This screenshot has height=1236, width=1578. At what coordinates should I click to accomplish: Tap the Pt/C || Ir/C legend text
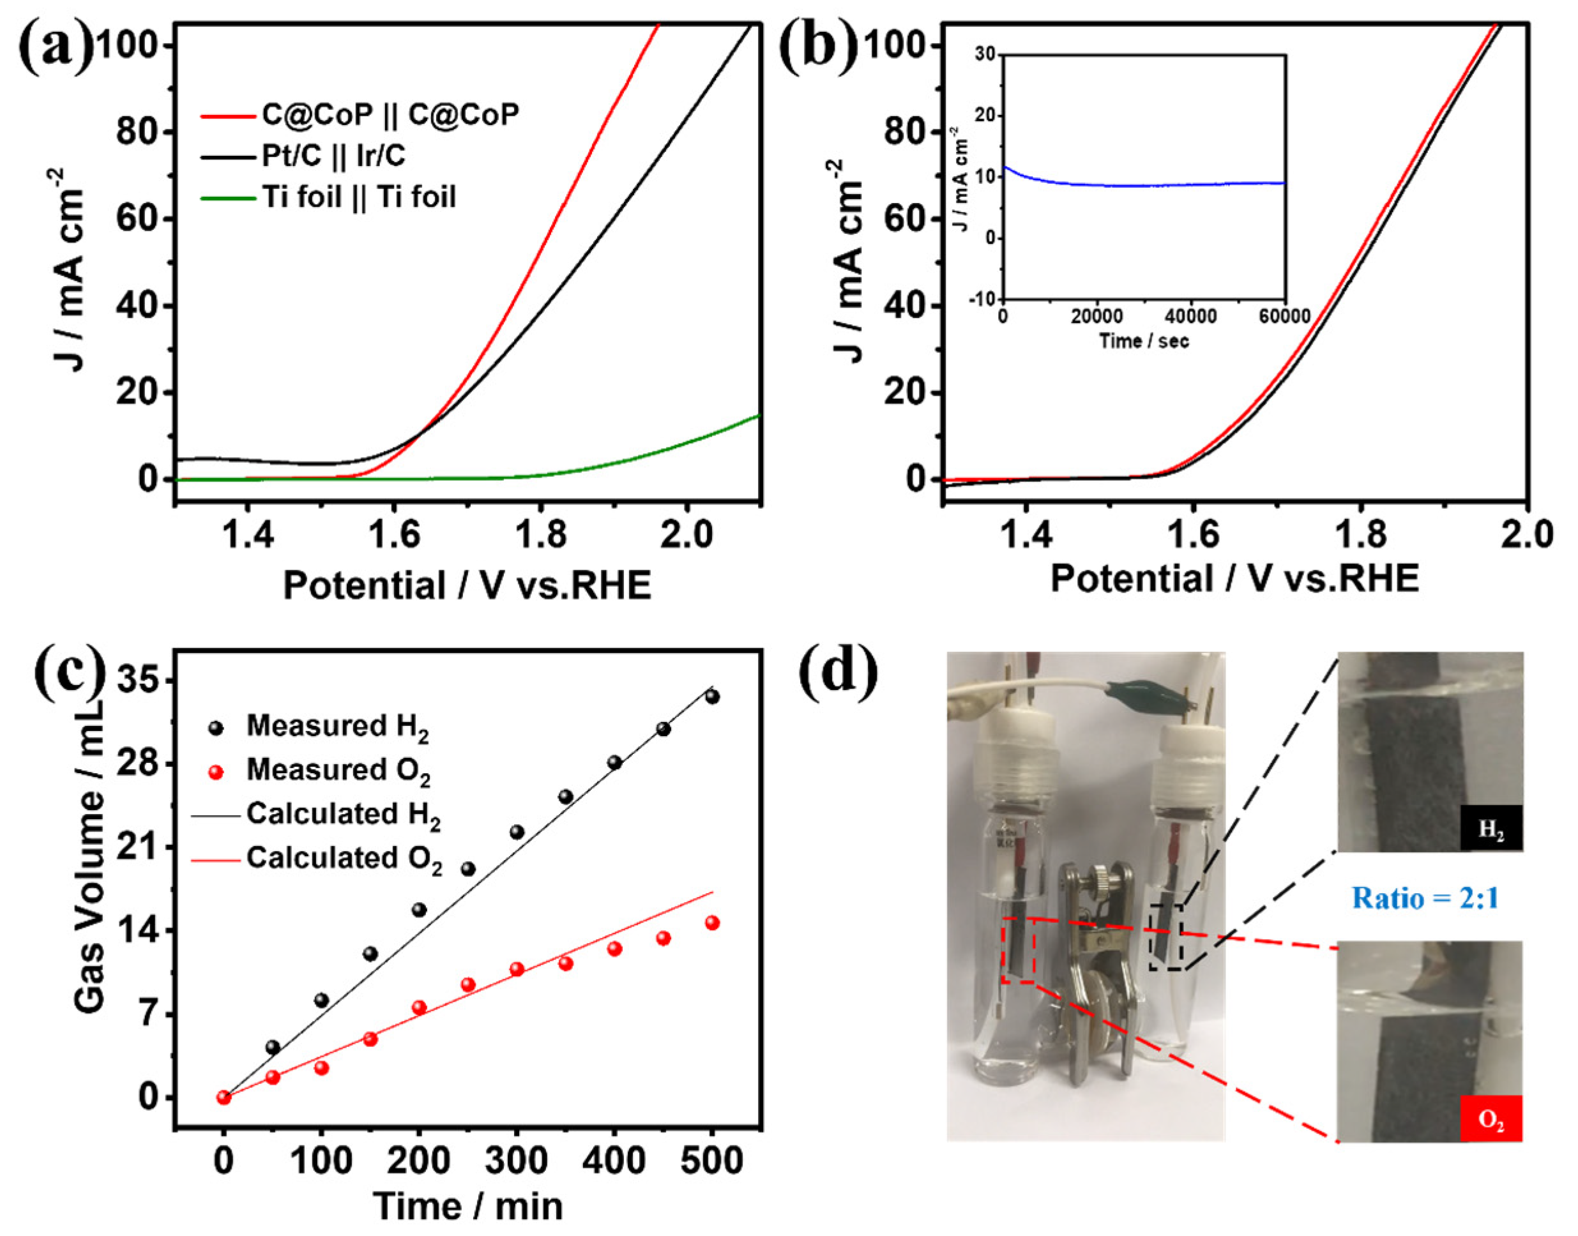(333, 156)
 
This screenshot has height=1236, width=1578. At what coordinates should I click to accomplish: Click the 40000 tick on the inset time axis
(1191, 317)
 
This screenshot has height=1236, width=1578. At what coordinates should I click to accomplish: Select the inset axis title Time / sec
(1144, 341)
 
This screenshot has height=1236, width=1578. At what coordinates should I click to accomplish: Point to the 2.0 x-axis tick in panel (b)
(1528, 536)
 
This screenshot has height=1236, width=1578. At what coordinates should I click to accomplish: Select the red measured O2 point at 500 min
(712, 923)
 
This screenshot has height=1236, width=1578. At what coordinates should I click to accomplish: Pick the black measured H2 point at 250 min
(468, 869)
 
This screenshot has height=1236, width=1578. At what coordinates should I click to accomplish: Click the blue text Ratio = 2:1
(1425, 898)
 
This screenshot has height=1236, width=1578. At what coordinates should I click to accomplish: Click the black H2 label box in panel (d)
(1491, 828)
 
